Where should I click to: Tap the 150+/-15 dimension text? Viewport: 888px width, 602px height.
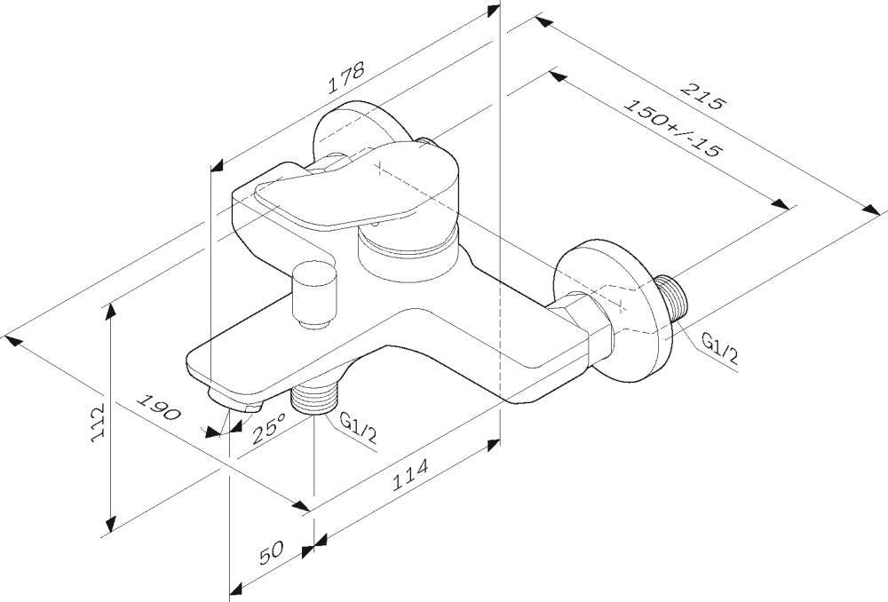pyautogui.click(x=673, y=128)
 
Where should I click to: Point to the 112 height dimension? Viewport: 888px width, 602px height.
pyautogui.click(x=98, y=423)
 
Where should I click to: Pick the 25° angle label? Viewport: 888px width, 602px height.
pyautogui.click(x=269, y=428)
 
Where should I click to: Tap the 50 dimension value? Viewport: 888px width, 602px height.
pyautogui.click(x=271, y=552)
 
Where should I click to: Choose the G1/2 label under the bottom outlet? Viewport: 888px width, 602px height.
pyautogui.click(x=358, y=428)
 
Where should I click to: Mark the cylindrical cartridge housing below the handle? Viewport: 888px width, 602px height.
pyautogui.click(x=408, y=255)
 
